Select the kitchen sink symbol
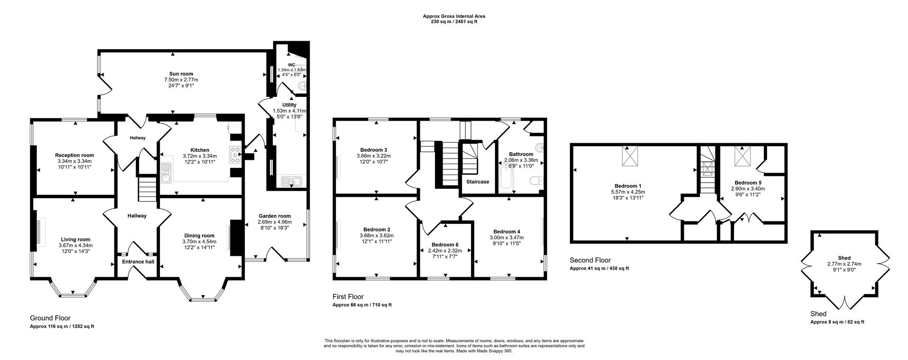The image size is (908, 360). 166,173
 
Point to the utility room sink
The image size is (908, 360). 291,181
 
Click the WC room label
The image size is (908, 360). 291,65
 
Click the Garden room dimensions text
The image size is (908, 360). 274,222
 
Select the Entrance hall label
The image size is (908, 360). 138,262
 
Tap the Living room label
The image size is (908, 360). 75,239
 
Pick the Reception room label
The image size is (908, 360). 74,155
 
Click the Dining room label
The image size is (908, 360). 199,236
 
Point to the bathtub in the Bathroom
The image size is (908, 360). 505,179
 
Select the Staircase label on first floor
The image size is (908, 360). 478,182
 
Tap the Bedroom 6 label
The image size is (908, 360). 445,245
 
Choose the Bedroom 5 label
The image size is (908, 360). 748,183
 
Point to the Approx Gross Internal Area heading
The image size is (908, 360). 454,17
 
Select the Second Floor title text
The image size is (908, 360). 590,260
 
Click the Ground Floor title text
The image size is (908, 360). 50,318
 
